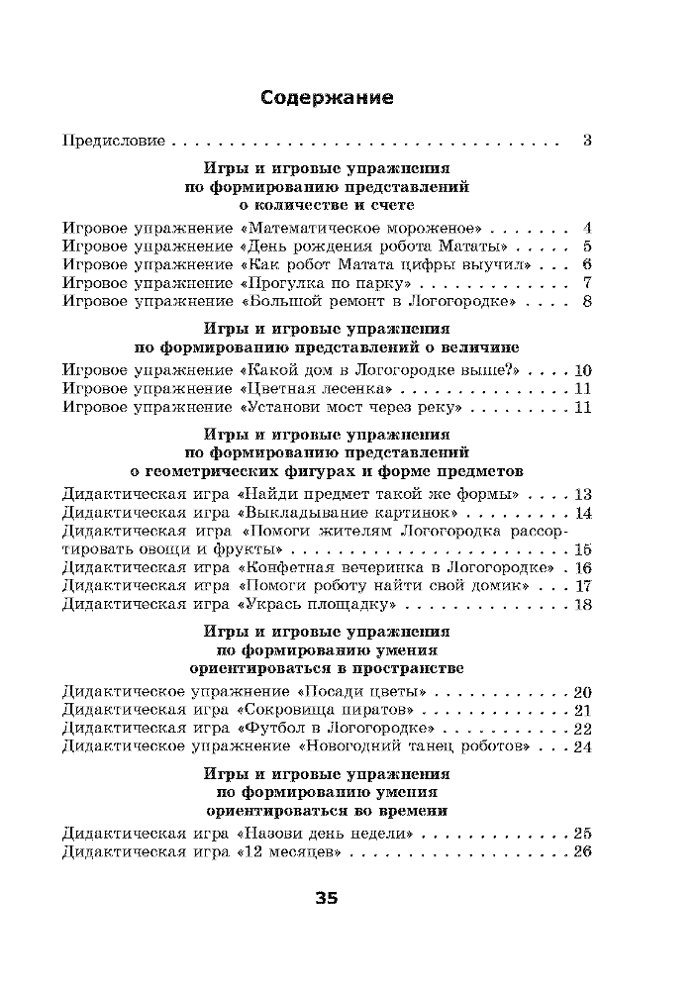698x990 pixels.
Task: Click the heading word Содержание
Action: (x=327, y=98)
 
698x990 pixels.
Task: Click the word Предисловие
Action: (x=113, y=140)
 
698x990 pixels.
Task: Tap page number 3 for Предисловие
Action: (x=586, y=140)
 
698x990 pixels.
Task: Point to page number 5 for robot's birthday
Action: (x=587, y=246)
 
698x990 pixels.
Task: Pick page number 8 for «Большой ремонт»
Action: (x=587, y=302)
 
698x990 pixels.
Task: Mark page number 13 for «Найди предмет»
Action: (x=582, y=494)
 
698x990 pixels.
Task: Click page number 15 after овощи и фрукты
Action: (x=582, y=550)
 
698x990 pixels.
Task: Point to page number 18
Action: (x=582, y=605)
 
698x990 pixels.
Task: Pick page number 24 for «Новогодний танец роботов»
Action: (x=582, y=746)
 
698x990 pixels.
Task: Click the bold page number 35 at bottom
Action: (x=327, y=899)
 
